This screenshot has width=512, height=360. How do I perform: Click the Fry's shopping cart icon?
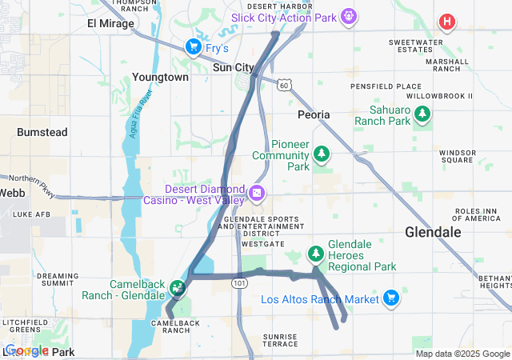[x=193, y=47]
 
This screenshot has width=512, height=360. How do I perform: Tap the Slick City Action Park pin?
[x=348, y=16]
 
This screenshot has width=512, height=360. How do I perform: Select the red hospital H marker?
[x=446, y=22]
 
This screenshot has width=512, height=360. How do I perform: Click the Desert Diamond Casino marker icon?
[x=257, y=193]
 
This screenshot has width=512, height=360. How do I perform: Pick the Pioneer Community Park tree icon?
[x=321, y=152]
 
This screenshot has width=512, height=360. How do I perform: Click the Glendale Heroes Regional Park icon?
[x=316, y=254]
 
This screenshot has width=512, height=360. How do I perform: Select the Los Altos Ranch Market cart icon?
[x=390, y=298]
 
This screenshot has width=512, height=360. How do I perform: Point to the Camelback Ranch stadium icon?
[x=177, y=286]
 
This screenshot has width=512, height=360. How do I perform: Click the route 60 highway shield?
[x=285, y=84]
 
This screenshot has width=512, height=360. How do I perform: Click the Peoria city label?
[x=313, y=115]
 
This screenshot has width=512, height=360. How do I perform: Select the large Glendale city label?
[x=433, y=232]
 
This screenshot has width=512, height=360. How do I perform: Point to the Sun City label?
[x=233, y=68]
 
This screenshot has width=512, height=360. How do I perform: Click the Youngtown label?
[x=161, y=78]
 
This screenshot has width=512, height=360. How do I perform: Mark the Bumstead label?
[x=42, y=131]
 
